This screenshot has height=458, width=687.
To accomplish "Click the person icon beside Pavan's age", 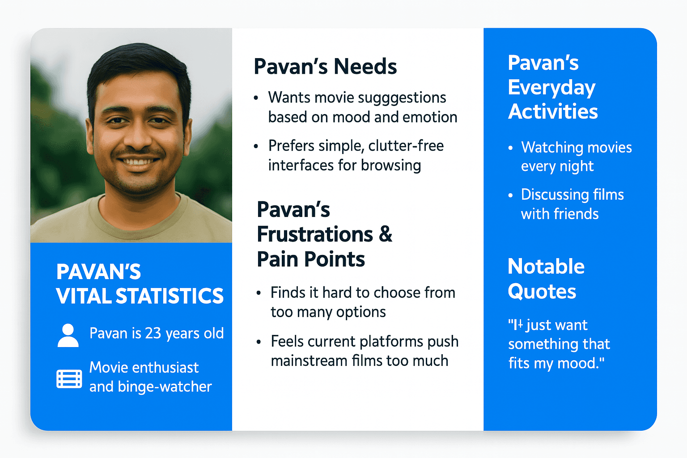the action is (68, 335).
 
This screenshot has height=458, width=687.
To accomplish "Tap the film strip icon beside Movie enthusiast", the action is (69, 379).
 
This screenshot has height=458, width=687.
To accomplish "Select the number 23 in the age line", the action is (153, 333).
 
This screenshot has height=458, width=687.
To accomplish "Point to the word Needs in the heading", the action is (365, 67).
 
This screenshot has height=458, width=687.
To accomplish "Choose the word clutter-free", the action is (406, 145).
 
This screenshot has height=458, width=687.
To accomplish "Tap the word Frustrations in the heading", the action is (315, 235).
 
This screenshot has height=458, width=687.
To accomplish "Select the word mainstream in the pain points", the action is (309, 361).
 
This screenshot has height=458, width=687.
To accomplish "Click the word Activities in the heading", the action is (553, 111).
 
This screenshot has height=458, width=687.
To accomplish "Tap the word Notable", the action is (546, 266).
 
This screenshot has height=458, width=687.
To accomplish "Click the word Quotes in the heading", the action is (542, 291).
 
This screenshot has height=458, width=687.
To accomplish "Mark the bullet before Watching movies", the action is (510, 148).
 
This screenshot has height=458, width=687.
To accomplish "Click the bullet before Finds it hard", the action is (259, 293).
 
